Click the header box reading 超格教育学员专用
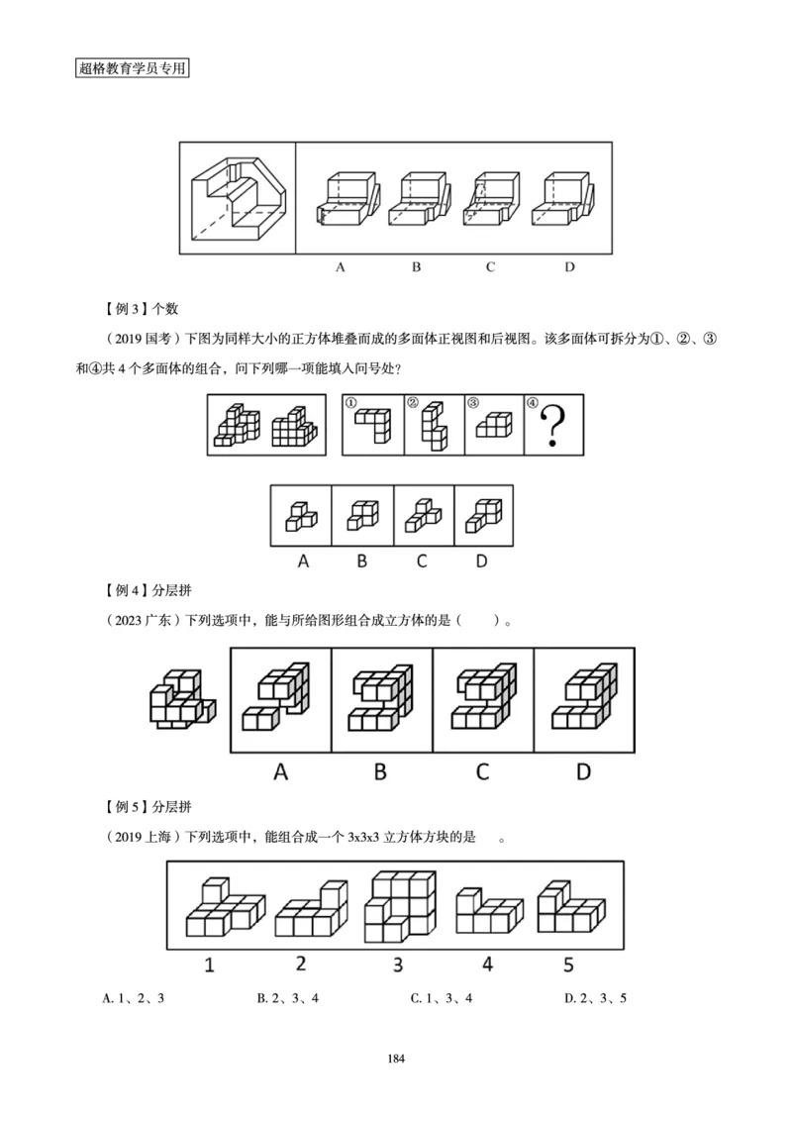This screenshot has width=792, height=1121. click(132, 69)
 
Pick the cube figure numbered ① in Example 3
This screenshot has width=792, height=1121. click(373, 427)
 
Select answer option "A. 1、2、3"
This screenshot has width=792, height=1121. click(134, 998)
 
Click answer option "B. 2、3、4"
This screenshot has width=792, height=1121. click(287, 998)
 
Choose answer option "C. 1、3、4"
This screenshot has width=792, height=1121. click(442, 998)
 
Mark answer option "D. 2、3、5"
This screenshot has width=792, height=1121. click(595, 998)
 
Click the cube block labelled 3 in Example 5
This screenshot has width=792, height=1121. click(401, 906)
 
